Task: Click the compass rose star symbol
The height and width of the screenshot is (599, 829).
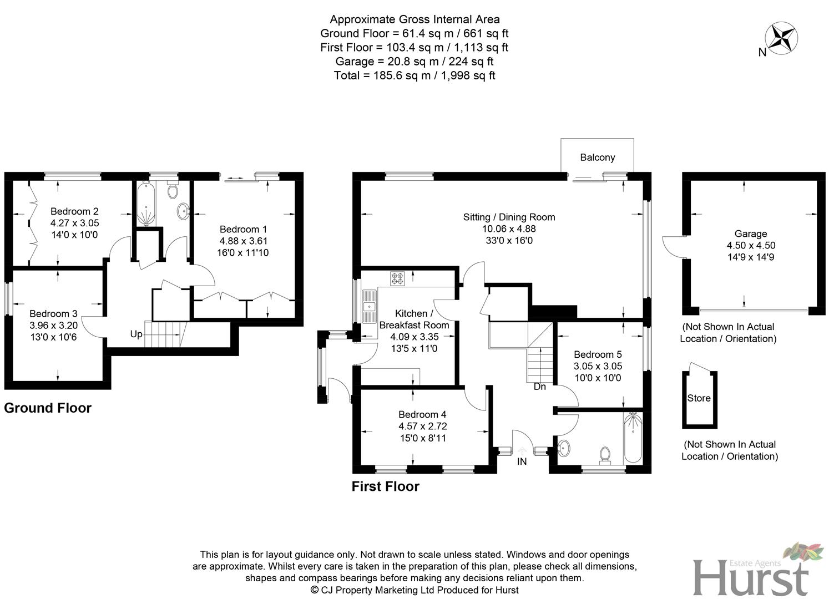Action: pos(781,38)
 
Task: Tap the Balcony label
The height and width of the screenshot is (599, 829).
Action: pos(597,158)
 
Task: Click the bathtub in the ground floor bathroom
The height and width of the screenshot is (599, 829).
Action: pos(146,203)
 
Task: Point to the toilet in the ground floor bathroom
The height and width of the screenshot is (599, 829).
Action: pos(172,190)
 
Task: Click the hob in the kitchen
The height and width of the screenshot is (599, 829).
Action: pos(397,278)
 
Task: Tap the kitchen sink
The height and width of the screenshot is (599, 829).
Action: pos(368,306)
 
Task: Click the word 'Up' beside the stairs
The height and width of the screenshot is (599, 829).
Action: pos(136,334)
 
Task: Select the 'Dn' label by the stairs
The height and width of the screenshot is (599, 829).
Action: pos(539,386)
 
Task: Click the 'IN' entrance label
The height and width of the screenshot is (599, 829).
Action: pos(522,461)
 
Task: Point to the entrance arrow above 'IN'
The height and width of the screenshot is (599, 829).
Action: pos(522,450)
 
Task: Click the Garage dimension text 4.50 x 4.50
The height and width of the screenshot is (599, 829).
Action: pos(751,245)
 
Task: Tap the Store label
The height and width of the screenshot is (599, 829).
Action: pos(699,398)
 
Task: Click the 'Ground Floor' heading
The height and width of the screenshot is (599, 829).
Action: pos(48,408)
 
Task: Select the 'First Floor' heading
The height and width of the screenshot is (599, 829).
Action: pos(385,486)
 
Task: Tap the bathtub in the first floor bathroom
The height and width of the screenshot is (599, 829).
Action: pos(633,439)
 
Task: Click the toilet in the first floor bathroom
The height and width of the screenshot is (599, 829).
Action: pos(605,455)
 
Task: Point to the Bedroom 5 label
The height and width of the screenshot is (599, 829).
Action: pos(598,354)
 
